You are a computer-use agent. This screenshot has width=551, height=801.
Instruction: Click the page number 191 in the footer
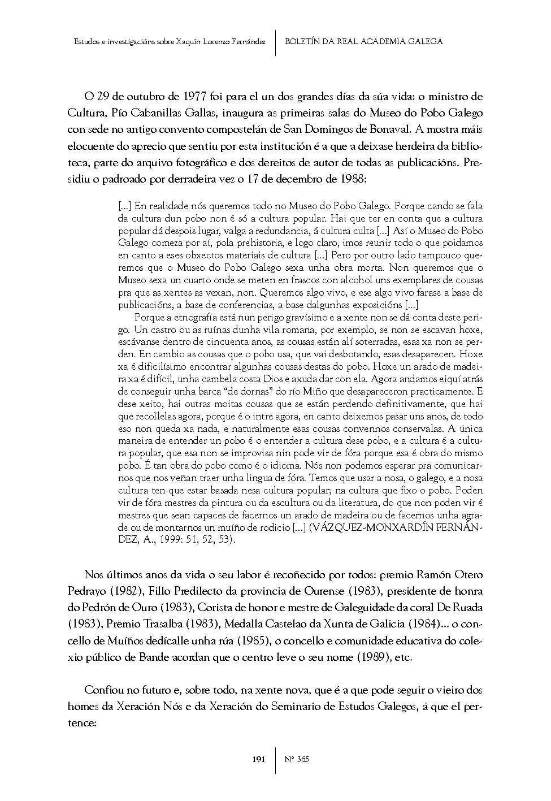tap(258, 759)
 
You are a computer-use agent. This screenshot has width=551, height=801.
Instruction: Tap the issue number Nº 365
tap(297, 759)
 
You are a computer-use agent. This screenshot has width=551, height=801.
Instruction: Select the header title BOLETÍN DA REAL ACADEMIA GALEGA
tap(363, 41)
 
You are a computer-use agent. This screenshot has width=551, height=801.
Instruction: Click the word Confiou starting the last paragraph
tap(103, 690)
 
